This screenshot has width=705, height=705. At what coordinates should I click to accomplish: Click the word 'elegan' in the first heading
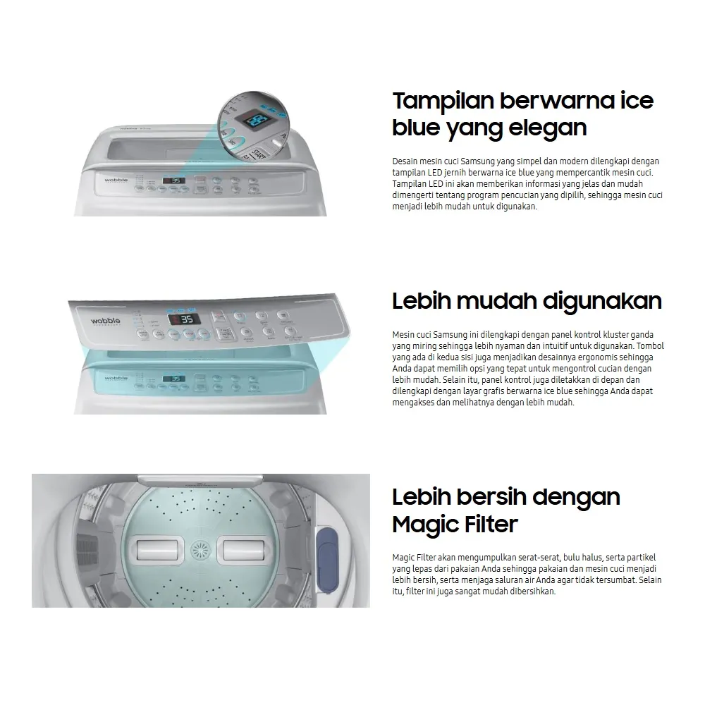point(548,128)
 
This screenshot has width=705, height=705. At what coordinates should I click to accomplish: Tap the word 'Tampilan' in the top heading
point(443,102)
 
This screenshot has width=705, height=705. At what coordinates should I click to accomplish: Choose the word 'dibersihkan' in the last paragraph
point(533,591)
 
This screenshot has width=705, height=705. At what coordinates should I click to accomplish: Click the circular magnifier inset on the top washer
point(254,127)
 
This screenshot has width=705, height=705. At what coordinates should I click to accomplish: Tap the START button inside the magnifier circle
point(257,154)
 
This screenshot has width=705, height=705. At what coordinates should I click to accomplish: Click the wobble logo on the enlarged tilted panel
point(106,321)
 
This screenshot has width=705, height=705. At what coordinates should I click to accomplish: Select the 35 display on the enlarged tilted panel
point(184,319)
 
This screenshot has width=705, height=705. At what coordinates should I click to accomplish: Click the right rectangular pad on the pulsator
point(244,550)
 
